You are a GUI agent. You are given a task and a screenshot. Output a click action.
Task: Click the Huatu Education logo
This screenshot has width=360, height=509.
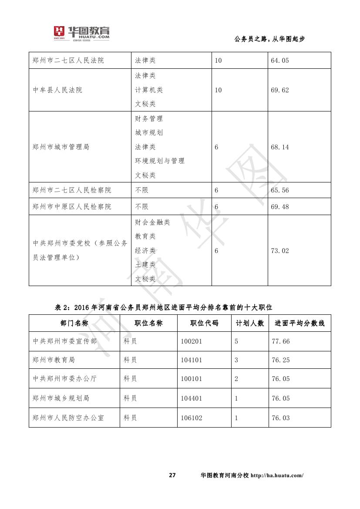[81, 34]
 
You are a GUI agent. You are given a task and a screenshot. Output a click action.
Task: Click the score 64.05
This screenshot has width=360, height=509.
[279, 61]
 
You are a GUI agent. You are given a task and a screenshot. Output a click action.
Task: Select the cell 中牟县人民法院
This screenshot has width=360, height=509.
[57, 90]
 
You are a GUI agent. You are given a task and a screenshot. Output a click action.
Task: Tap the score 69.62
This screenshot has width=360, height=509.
[279, 90]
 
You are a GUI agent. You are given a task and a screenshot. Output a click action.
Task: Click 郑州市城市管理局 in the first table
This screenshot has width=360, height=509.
[61, 147]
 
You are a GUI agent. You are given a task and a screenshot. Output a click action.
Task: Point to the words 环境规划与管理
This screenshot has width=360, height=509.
[160, 161]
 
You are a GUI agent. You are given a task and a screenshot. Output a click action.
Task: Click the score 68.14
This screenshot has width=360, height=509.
[279, 147]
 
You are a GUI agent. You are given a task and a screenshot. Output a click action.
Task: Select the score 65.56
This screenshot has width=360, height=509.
[279, 190]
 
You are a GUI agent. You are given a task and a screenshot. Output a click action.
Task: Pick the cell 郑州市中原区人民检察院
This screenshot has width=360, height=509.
[72, 207]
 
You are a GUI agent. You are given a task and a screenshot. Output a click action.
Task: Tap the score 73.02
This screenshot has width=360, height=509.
[279, 251]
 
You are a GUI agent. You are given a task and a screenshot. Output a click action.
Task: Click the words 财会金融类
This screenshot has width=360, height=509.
[152, 222]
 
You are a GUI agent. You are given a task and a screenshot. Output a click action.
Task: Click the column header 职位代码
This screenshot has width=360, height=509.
[204, 324]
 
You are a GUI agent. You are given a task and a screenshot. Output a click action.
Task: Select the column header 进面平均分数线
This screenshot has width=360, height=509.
[299, 324]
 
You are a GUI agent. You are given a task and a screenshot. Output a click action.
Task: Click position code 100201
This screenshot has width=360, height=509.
[192, 341]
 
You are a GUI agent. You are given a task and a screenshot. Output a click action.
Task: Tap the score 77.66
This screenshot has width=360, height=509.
[280, 341]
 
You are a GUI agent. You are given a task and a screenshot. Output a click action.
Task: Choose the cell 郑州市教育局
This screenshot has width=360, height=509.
[54, 360]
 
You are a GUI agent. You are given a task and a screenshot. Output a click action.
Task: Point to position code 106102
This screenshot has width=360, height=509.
[192, 418]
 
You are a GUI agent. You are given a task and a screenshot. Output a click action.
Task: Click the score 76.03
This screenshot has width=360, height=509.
[280, 418]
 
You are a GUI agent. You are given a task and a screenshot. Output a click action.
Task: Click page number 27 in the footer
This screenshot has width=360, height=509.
[172, 475]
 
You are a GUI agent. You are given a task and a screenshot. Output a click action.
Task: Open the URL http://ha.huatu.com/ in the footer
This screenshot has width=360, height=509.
[277, 475]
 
